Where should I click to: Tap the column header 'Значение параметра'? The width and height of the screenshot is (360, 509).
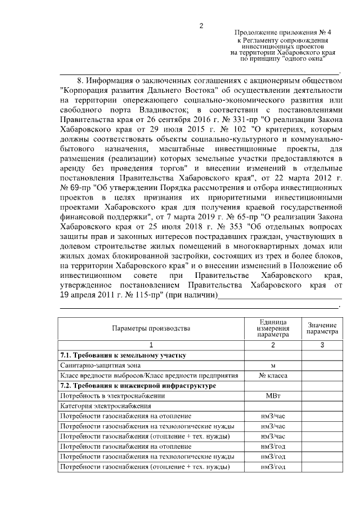click(322, 328)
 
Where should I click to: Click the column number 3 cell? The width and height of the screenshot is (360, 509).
click(322, 345)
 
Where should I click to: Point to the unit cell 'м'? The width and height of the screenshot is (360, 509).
click(272, 366)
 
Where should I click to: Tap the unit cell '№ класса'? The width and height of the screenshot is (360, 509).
click(272, 376)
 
